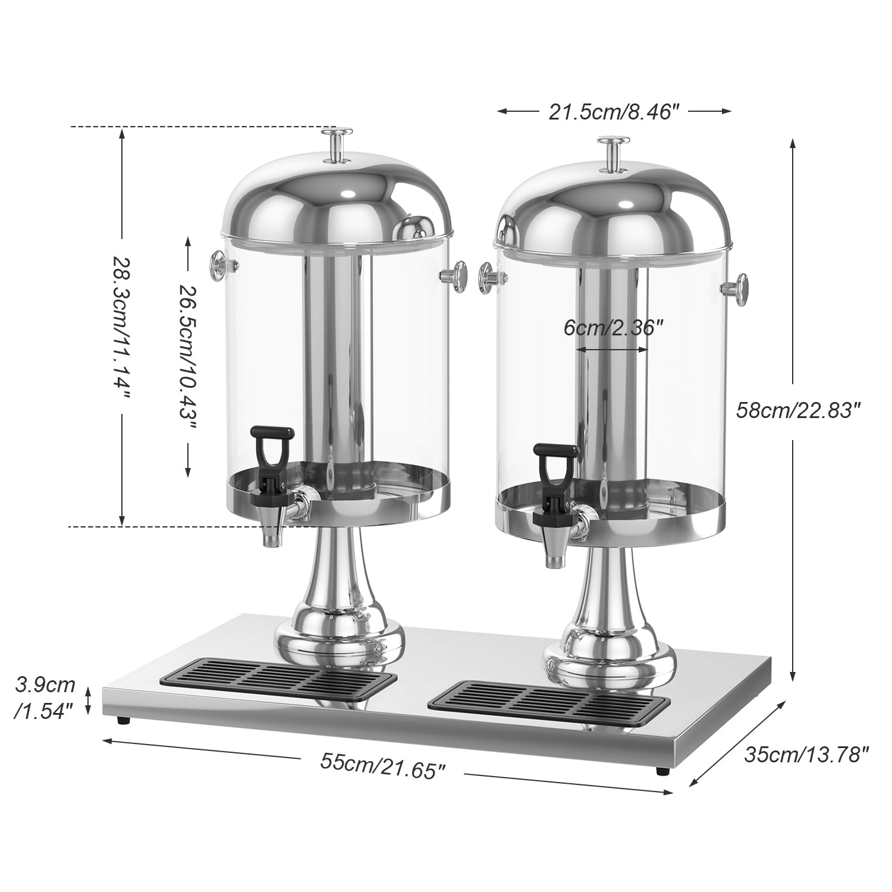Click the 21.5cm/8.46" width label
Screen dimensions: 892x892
point(613,111)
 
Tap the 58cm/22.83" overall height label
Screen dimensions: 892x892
point(798,410)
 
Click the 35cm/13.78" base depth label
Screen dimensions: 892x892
point(806,755)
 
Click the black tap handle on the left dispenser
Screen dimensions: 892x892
point(271,447)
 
